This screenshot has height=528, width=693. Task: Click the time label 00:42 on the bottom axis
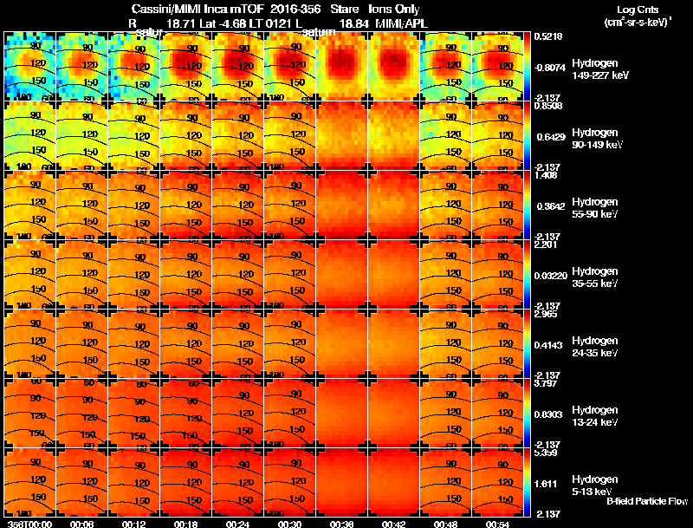(x=394, y=523)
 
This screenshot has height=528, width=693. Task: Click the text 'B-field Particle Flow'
(x=646, y=501)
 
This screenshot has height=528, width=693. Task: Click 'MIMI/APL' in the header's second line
(x=403, y=23)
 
